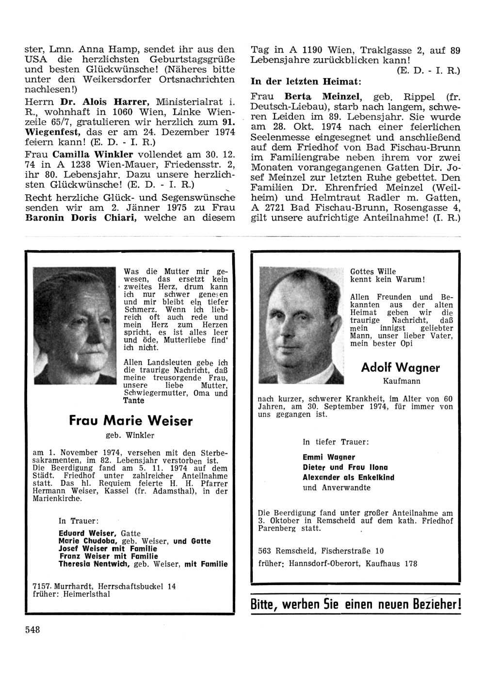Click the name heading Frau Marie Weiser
130,420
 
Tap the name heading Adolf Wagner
401,367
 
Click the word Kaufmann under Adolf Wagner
401,381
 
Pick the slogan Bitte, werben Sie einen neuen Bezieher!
356,605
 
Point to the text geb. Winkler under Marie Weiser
130,435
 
